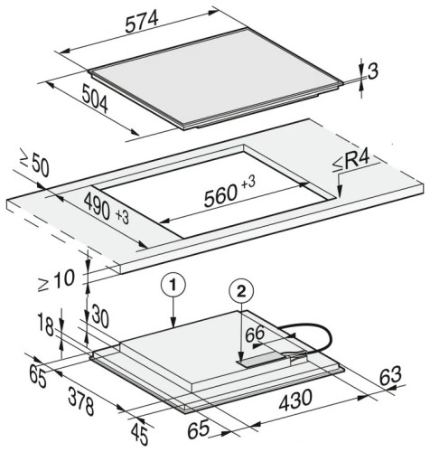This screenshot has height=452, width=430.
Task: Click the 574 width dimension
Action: click(142, 22)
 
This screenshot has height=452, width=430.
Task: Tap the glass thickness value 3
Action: click(373, 72)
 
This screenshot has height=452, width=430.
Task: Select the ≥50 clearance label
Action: click(34, 165)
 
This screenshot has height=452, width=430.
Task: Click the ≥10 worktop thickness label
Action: click(56, 281)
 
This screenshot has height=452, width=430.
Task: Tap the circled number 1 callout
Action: click(173, 285)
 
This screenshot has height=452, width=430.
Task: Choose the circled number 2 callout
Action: click(241, 291)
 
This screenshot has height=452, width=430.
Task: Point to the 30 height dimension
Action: click(99, 316)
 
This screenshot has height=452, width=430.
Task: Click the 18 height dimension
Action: click(46, 325)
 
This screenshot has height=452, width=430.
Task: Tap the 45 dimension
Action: click(139, 434)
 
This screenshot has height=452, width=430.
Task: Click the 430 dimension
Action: click(295, 400)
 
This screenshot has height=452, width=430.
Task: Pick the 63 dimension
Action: click(390, 376)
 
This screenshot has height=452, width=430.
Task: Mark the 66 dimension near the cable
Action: click(255, 334)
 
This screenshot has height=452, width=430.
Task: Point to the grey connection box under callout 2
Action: click(264, 360)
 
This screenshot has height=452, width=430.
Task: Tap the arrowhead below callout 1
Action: click(173, 323)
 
